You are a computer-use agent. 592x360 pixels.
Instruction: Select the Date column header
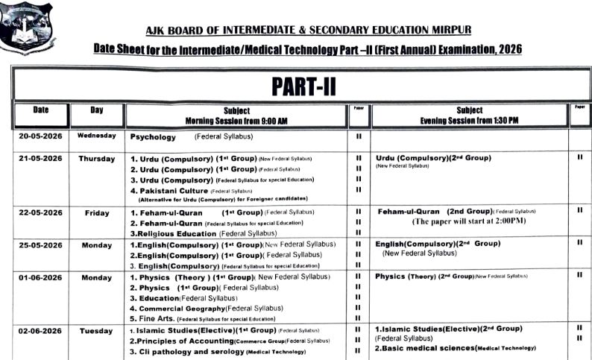40,110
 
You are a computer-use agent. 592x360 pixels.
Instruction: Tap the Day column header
97,110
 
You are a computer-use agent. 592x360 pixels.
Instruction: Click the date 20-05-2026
40,136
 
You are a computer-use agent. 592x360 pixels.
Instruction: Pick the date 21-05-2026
40,159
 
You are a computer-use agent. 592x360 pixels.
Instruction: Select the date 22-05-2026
40,212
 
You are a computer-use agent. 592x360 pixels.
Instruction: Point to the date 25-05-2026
40,244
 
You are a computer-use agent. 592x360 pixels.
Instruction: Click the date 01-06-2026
40,277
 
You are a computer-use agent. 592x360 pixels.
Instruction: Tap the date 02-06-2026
40,330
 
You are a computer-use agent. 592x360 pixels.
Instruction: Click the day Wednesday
97,136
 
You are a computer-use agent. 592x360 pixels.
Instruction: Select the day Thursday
97,159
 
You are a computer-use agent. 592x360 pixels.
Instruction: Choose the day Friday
97,212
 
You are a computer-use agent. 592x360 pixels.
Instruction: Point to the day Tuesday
97,330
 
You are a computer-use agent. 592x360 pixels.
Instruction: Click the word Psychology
154,137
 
